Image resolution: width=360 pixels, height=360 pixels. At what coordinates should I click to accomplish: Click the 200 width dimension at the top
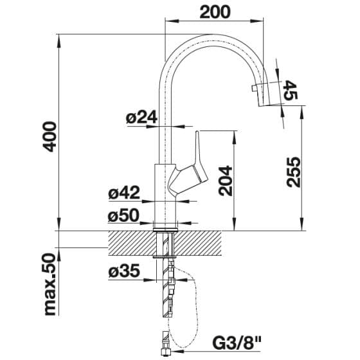click(x=215, y=12)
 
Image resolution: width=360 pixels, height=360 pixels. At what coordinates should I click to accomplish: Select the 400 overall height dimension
click(x=50, y=136)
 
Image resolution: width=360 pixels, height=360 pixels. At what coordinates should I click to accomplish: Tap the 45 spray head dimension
click(x=290, y=90)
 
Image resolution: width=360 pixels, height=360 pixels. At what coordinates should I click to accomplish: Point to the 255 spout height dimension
click(x=294, y=172)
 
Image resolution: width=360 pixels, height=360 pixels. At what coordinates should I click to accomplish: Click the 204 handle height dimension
click(x=226, y=181)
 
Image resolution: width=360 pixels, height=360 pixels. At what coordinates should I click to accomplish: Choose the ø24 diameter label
click(x=141, y=117)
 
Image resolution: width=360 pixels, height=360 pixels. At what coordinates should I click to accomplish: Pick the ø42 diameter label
click(x=124, y=192)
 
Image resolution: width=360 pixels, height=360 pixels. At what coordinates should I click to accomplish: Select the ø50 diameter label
click(x=123, y=215)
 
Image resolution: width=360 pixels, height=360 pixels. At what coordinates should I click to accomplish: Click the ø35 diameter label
click(x=124, y=271)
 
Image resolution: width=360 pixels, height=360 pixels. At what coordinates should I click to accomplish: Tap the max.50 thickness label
click(x=50, y=284)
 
